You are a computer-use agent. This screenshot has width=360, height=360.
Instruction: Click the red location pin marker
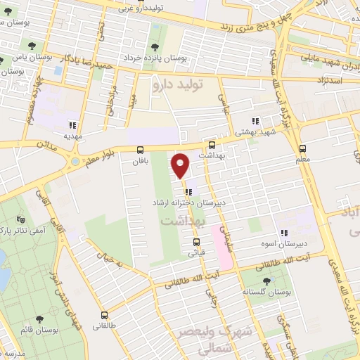(181, 165)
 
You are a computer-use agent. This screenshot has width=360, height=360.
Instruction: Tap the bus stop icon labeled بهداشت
(212, 144)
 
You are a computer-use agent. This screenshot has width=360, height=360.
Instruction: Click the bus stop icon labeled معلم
(302, 149)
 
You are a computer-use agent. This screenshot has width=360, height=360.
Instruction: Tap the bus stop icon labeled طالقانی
(105, 315)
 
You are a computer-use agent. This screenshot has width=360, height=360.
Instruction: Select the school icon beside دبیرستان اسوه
(285, 233)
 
